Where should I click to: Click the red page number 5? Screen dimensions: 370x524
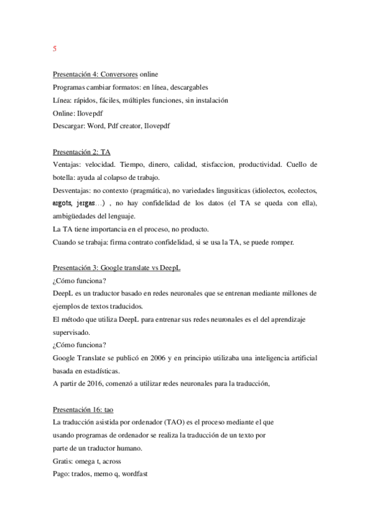54,48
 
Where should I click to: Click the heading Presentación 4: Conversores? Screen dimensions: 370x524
95,74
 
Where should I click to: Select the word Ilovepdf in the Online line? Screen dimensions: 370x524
90,112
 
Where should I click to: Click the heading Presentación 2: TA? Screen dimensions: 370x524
82,151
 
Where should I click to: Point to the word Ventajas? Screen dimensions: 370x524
67,164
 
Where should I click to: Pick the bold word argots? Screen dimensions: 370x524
64,203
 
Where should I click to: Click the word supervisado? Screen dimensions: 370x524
72,332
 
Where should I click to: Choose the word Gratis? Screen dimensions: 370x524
64,462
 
